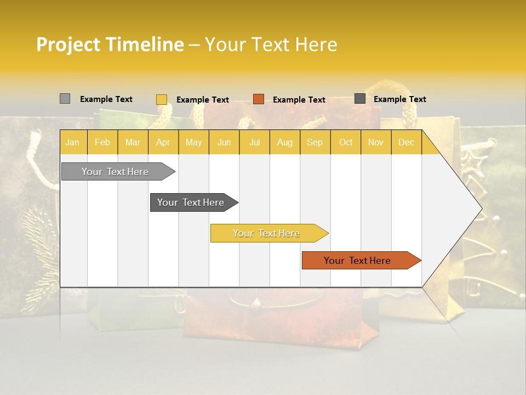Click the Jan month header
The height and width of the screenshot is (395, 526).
(73, 142)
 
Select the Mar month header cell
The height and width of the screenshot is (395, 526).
(133, 142)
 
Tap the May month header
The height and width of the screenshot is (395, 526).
(193, 142)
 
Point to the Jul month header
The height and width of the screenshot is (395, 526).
(254, 142)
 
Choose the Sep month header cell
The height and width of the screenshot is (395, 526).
(315, 142)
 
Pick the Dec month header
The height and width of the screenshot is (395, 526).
(406, 142)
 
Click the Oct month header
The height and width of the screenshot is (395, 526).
(346, 142)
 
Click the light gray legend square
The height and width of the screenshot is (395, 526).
(65, 99)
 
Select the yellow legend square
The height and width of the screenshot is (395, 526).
(161, 99)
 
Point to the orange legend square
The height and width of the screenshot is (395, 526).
(259, 99)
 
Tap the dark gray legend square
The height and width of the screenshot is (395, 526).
(360, 99)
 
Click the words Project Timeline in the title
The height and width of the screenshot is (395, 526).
(110, 44)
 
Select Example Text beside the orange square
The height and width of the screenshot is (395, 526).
(299, 100)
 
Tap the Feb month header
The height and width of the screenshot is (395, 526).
(102, 142)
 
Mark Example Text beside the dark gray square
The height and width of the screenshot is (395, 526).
(399, 99)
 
